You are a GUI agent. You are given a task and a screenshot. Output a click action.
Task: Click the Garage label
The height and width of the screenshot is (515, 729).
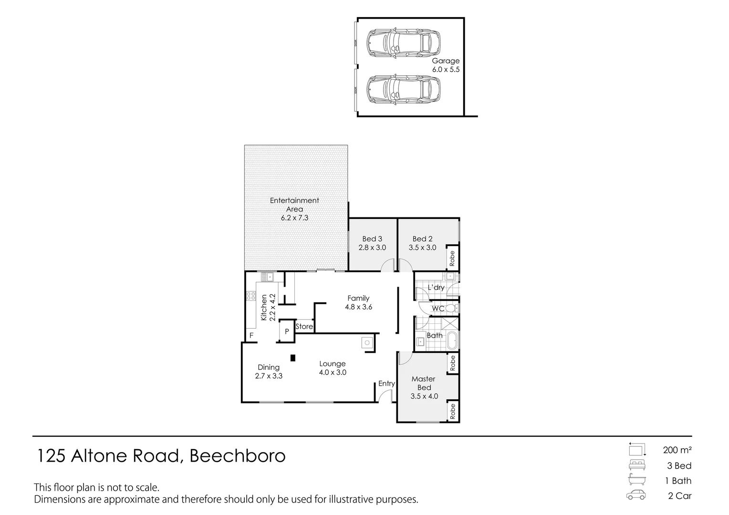[x=446, y=61]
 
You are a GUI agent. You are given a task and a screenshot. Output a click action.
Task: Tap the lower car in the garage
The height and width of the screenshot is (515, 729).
[x=404, y=89]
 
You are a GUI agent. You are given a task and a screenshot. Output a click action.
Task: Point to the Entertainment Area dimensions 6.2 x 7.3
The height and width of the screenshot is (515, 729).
[x=294, y=218]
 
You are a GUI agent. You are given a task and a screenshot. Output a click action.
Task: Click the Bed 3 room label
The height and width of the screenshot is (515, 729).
[x=372, y=239]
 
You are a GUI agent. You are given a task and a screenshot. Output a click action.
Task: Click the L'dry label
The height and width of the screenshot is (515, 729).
[x=436, y=288]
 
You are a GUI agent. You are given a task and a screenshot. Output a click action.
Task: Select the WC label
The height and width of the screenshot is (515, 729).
[x=438, y=309]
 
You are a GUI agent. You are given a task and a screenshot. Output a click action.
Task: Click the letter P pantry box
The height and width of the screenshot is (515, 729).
[x=287, y=331]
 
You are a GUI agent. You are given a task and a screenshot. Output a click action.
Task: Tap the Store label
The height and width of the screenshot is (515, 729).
[x=304, y=327]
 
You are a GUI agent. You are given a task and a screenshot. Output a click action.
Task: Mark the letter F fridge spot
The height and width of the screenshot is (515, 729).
[x=251, y=336]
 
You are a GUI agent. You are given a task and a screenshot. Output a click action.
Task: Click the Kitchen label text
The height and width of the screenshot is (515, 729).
[x=263, y=307]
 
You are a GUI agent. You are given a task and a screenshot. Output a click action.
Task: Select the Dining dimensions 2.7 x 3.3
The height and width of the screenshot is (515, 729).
[x=269, y=376]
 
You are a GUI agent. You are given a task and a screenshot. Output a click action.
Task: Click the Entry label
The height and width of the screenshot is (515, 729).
[x=386, y=383]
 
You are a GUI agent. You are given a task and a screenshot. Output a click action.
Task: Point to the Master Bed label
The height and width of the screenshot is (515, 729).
[x=424, y=383]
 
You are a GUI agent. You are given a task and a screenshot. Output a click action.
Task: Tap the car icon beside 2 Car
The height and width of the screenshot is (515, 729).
[x=636, y=495]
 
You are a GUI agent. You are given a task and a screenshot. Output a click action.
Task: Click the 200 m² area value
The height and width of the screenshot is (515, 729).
[x=677, y=450]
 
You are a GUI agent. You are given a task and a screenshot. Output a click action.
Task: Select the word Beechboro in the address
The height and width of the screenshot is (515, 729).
[x=238, y=456]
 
